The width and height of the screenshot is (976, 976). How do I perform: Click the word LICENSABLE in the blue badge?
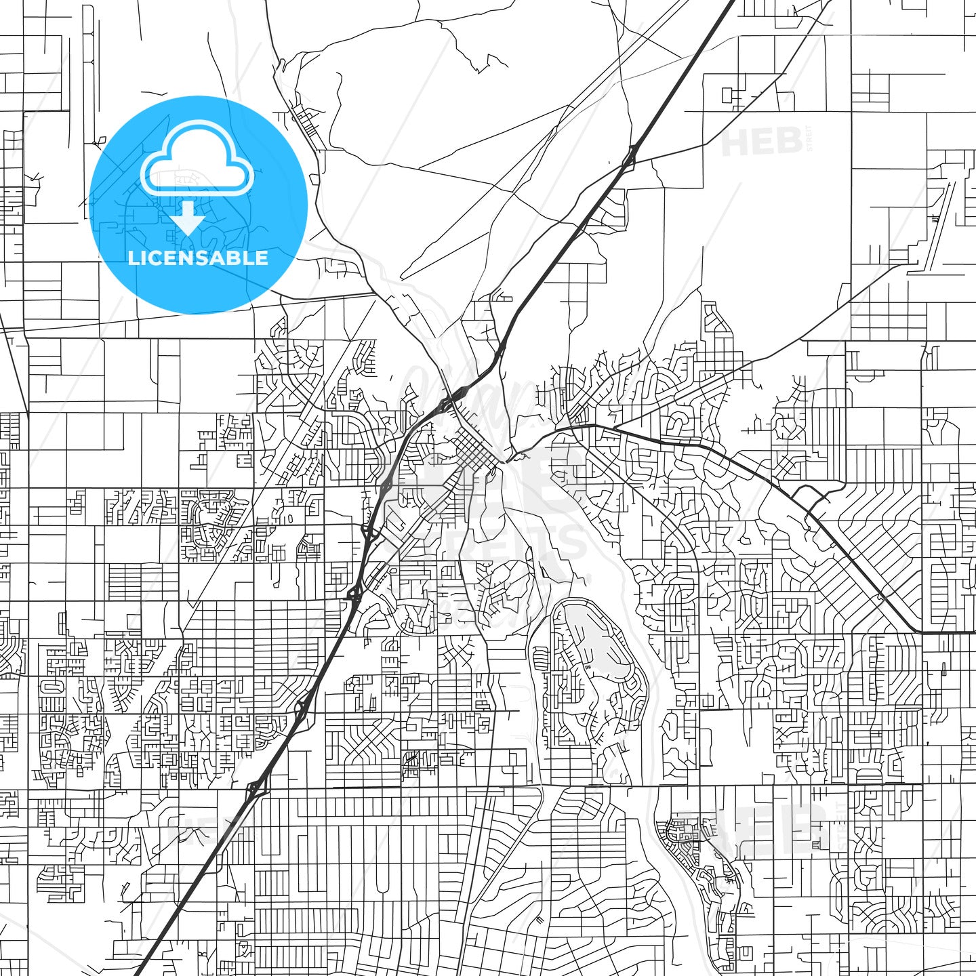(198, 258)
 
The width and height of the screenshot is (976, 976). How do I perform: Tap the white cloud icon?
(197, 160)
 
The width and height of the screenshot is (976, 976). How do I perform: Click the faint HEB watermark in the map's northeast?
(762, 142)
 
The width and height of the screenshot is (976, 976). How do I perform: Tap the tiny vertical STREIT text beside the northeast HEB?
(809, 139)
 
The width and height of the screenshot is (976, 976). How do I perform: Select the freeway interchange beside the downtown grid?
(452, 401)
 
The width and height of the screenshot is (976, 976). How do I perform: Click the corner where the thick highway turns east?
(922, 630)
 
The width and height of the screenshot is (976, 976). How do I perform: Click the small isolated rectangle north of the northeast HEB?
(728, 95)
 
